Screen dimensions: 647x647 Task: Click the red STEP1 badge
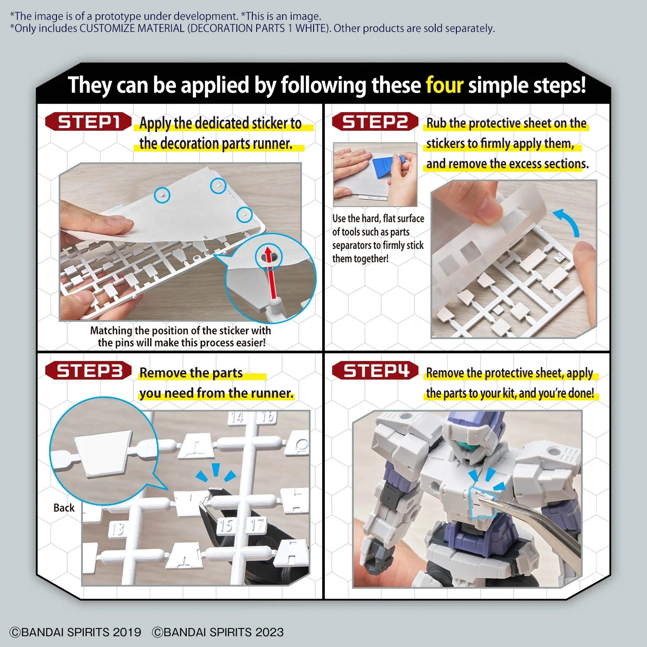click(x=88, y=122)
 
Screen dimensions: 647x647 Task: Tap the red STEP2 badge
click(x=375, y=122)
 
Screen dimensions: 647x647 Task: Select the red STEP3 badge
click(x=88, y=371)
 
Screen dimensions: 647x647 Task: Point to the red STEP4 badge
click(x=375, y=371)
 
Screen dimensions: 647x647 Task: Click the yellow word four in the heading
click(x=444, y=85)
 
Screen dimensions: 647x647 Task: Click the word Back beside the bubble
click(x=64, y=508)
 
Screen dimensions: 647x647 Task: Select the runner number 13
click(x=117, y=529)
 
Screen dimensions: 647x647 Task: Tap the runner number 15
click(x=225, y=525)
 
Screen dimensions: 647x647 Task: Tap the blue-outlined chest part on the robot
click(x=482, y=502)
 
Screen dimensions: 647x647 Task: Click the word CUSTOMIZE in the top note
click(x=110, y=28)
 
